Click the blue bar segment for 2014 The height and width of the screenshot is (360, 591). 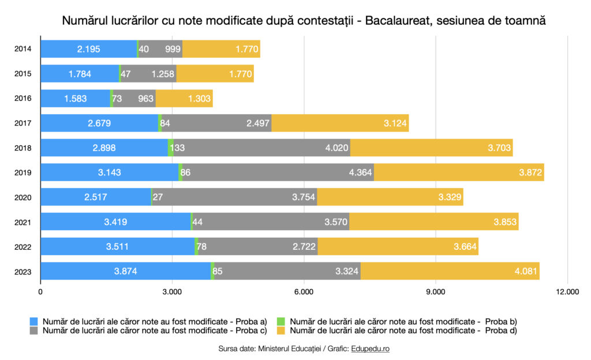[88, 49]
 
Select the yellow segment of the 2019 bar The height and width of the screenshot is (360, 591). [459, 172]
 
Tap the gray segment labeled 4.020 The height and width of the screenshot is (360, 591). [261, 148]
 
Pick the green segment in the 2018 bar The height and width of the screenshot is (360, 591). [171, 148]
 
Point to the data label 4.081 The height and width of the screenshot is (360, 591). [524, 271]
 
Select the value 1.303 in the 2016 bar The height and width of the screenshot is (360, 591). [199, 99]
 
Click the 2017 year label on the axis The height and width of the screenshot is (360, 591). [23, 123]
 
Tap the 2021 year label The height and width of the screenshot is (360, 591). [23, 222]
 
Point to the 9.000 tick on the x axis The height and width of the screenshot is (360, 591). [435, 292]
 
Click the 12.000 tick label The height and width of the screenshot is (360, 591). [567, 292]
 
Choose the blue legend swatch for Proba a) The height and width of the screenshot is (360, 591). [34, 321]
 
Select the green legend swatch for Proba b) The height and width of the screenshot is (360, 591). [282, 321]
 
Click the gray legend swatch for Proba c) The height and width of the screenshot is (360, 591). [34, 331]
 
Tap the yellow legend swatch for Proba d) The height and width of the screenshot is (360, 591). [282, 331]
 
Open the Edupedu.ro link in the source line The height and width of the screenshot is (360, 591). [374, 349]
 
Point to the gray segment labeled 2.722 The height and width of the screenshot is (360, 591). [257, 246]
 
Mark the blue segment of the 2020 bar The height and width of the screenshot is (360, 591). [96, 197]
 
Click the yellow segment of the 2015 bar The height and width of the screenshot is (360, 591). [215, 74]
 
